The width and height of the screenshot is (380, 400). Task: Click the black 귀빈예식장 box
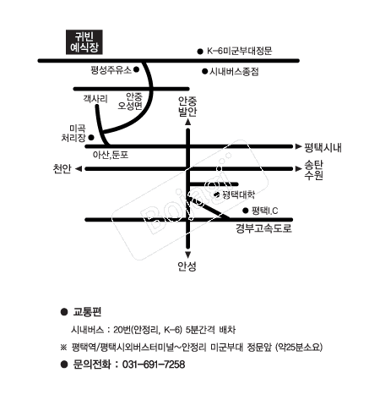click(84, 42)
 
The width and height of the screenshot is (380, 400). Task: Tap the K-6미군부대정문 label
click(240, 51)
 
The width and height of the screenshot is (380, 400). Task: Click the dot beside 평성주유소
click(136, 69)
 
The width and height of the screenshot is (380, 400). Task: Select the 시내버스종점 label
click(234, 71)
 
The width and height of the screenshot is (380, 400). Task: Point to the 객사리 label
click(95, 99)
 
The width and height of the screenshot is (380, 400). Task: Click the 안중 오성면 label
click(131, 101)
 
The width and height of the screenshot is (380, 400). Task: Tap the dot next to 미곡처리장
click(91, 138)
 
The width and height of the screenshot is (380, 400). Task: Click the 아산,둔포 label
click(111, 155)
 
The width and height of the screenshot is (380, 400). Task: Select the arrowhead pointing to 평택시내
click(298, 146)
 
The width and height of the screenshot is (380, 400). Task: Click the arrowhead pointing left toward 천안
click(79, 169)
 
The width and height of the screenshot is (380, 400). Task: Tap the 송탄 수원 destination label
click(313, 170)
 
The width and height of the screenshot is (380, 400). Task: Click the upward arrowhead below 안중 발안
click(187, 122)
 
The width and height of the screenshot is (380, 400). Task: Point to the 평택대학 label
click(239, 195)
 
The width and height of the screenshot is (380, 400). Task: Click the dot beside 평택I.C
click(246, 211)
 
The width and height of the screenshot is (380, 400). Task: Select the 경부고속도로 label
click(263, 228)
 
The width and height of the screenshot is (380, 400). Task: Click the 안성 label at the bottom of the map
click(187, 266)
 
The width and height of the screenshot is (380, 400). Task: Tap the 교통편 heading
click(87, 312)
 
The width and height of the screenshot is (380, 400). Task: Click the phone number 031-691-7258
click(154, 364)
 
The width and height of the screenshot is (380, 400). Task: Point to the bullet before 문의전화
click(64, 364)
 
